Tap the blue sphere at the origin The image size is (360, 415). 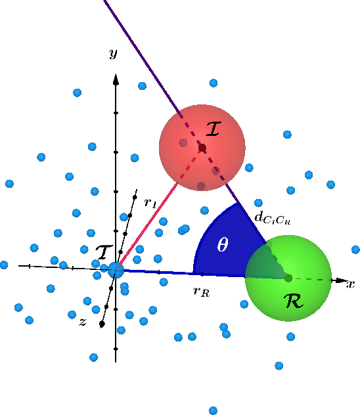click(x=116, y=270)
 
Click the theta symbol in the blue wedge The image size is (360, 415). click(x=223, y=245)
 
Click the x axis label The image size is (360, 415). click(x=351, y=284)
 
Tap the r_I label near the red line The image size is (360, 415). click(x=150, y=204)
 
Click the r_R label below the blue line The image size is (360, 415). click(x=201, y=292)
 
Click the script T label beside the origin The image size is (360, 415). click(x=104, y=252)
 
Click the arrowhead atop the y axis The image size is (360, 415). click(x=116, y=79)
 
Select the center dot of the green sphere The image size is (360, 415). click(x=288, y=278)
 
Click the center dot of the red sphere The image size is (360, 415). click(x=202, y=147)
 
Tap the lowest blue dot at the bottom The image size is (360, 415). click(x=214, y=410)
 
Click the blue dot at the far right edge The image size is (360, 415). click(x=355, y=250)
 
